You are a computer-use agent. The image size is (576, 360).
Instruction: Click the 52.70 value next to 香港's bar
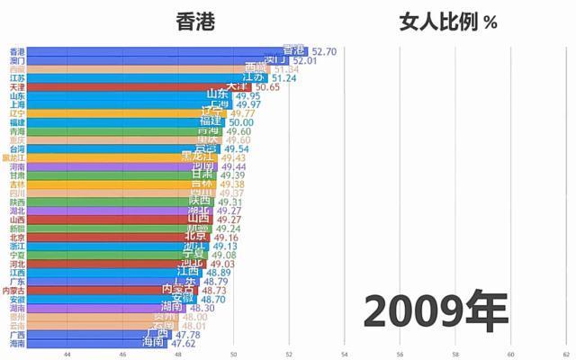324,52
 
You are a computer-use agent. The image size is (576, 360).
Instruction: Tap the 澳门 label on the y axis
17,60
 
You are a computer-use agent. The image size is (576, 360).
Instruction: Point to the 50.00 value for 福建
239,121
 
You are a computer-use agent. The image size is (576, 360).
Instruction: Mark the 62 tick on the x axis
565,354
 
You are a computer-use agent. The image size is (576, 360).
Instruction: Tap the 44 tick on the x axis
67,354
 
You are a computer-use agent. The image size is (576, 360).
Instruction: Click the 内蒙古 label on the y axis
13,291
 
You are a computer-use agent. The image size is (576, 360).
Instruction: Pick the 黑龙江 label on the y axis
13,157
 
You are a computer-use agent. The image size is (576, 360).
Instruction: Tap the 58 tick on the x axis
455,354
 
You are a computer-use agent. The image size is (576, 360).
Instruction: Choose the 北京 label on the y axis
17,237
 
